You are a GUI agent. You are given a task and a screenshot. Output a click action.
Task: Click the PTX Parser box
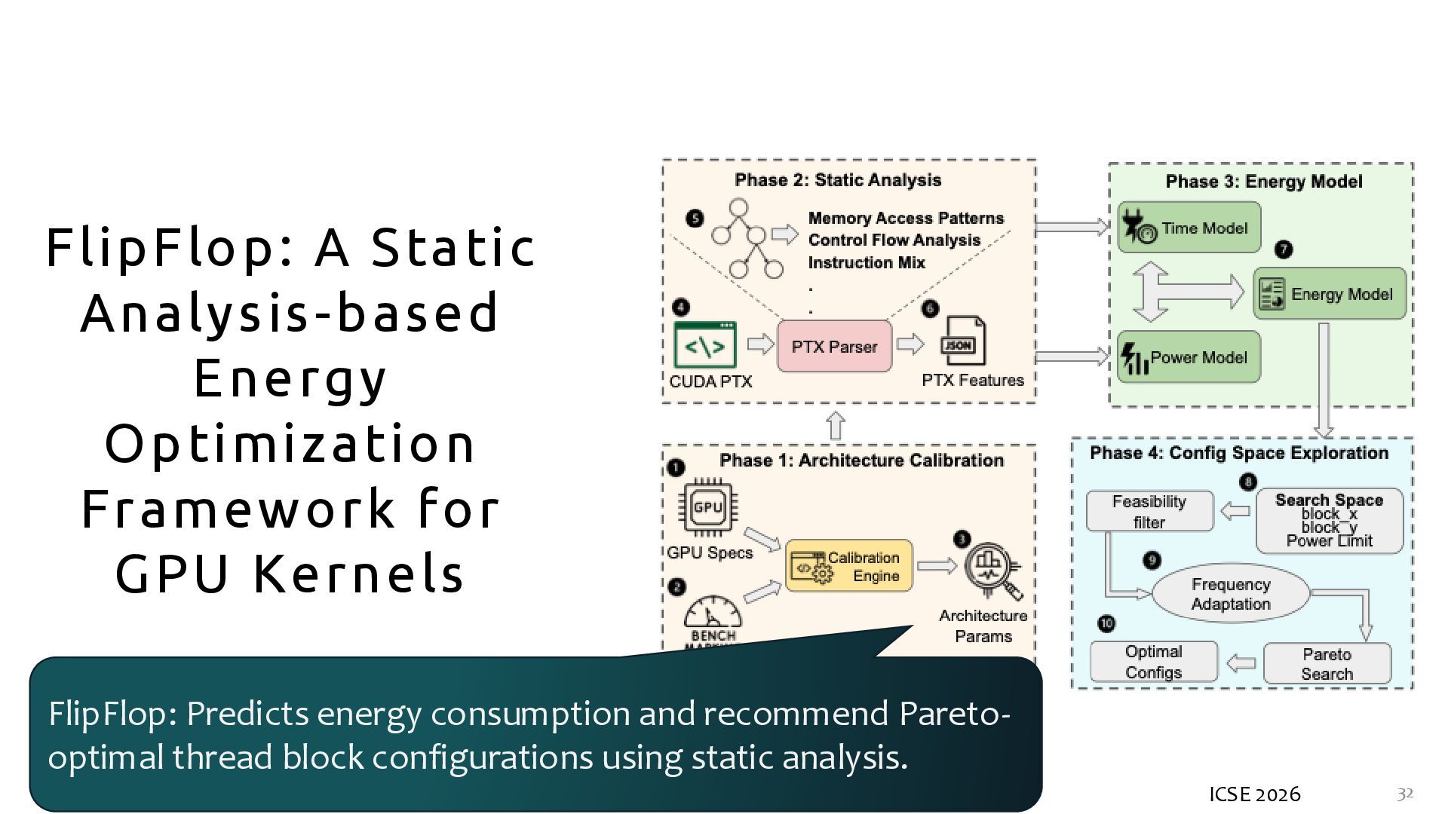834,347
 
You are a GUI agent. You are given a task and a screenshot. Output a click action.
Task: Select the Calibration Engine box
849,566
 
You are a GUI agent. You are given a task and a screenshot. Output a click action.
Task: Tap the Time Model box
1189,227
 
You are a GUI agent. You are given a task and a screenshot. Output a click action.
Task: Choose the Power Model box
1189,357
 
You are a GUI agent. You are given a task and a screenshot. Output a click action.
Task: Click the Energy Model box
1330,294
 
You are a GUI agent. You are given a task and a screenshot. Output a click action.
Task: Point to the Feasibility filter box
1149,512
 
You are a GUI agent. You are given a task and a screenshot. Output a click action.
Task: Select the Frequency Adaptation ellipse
1231,594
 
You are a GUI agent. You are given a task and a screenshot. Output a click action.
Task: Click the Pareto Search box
1327,664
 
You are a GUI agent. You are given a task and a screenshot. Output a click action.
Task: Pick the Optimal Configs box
1154,662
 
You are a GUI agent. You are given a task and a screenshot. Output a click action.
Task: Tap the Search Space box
1329,520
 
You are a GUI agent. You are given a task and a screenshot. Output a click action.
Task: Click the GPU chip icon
708,507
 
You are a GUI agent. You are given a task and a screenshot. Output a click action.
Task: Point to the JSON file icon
963,343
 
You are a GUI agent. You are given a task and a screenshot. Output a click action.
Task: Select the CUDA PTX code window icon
704,346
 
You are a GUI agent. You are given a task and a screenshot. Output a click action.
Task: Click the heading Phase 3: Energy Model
1264,182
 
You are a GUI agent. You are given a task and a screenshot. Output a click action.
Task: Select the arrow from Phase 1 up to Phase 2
836,426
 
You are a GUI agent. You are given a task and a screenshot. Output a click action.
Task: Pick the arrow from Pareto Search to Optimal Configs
1241,664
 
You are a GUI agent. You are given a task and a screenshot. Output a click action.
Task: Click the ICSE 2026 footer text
1255,794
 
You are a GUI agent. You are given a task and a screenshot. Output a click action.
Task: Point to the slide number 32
1405,794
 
